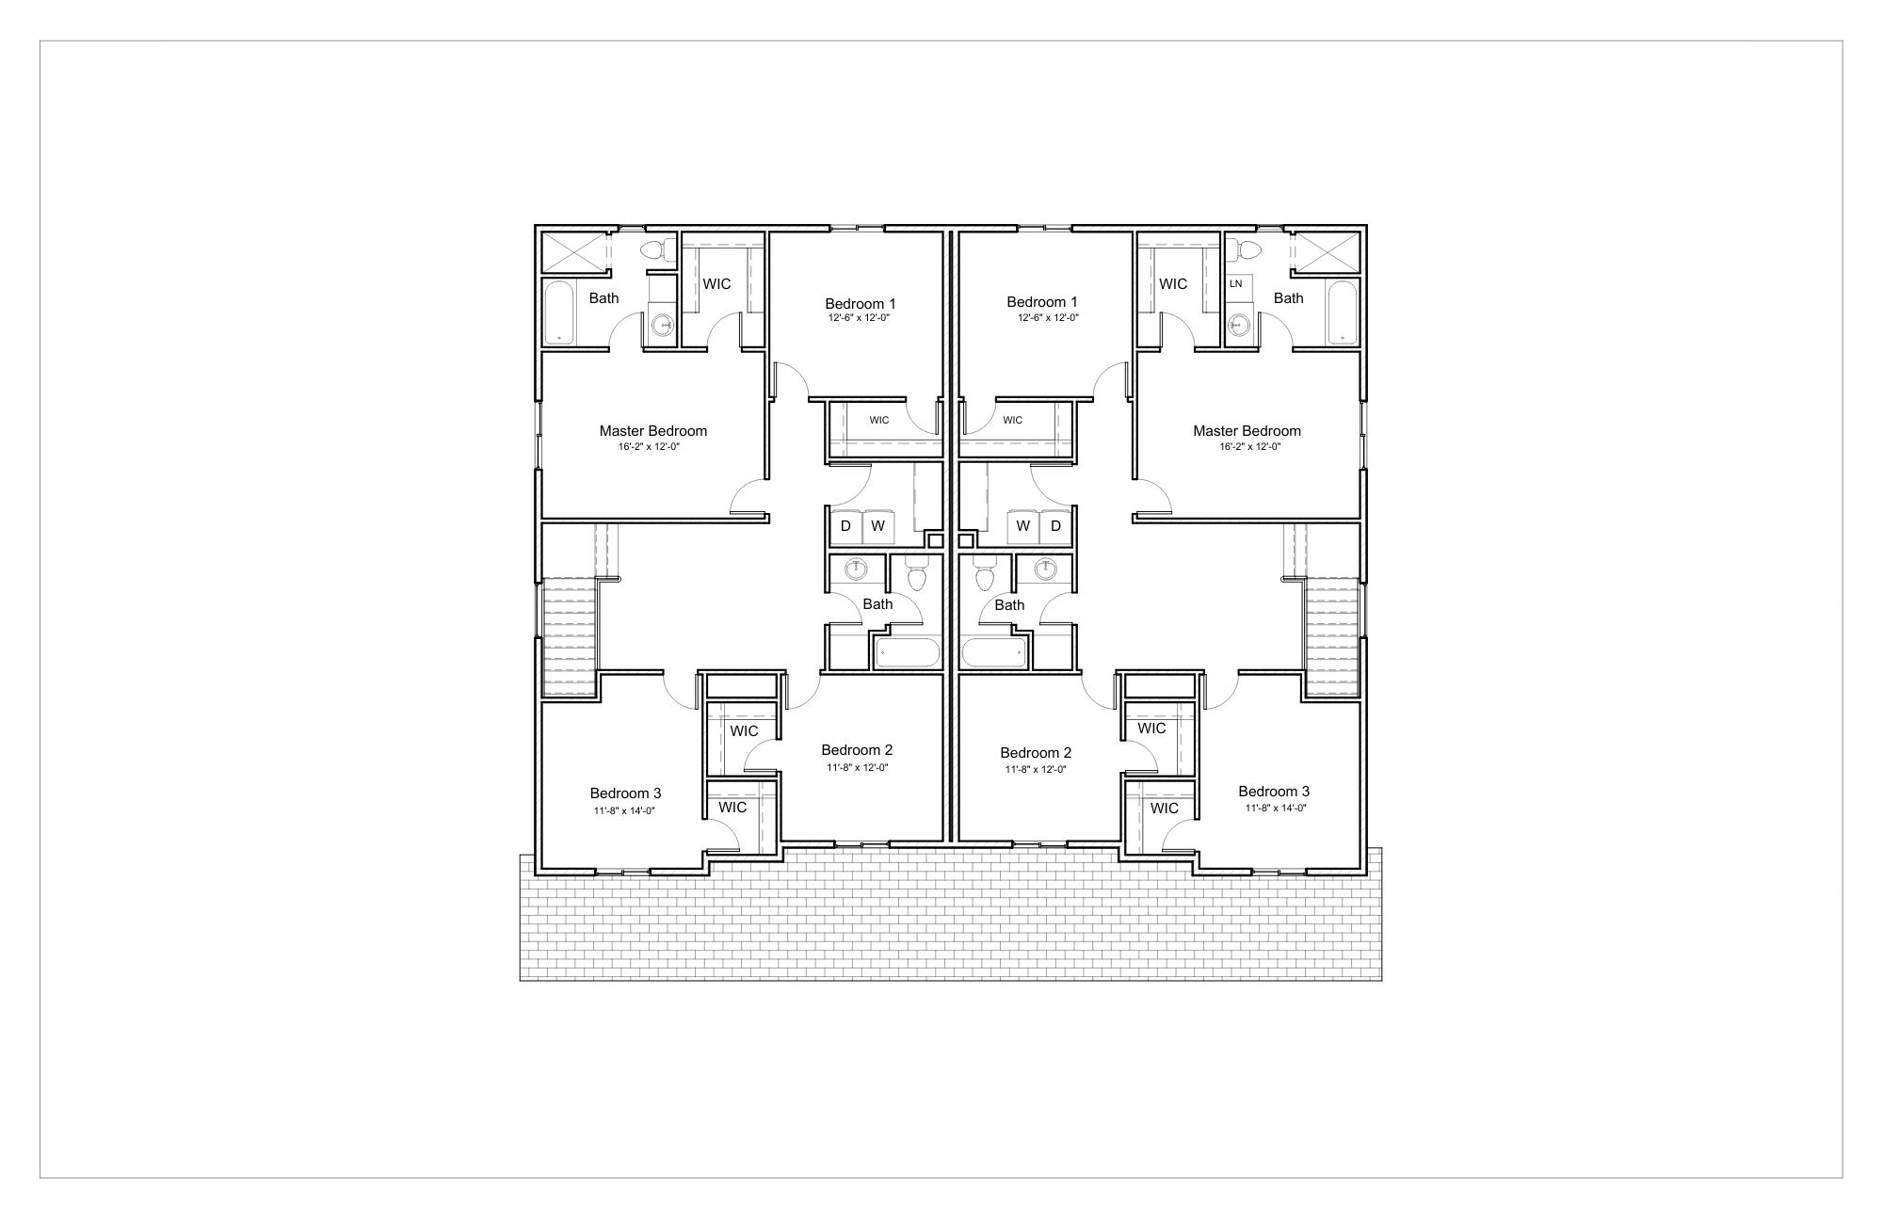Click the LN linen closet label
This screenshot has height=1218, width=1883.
click(x=1235, y=283)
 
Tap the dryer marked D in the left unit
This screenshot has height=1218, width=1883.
click(x=845, y=526)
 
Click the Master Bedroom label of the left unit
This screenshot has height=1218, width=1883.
click(x=652, y=431)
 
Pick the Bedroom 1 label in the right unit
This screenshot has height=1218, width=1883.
click(x=1042, y=302)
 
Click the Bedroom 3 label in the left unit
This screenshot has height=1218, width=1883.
click(x=625, y=793)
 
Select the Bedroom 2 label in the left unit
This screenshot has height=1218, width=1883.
click(x=857, y=750)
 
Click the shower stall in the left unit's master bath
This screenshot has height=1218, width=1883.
click(x=572, y=252)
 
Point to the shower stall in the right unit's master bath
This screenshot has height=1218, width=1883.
click(x=1327, y=252)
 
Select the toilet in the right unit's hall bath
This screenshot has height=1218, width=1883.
click(x=985, y=572)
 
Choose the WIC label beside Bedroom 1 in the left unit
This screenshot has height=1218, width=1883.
click(x=879, y=421)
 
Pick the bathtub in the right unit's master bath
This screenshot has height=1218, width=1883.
click(x=1341, y=313)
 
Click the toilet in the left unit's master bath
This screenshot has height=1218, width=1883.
click(x=655, y=250)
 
